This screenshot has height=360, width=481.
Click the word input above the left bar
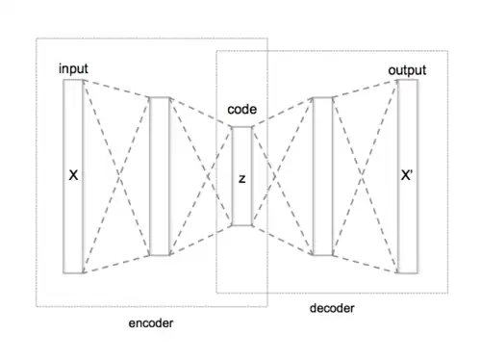[73, 68]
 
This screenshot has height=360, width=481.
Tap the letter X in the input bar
[73, 175]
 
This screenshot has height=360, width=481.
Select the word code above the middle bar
[242, 110]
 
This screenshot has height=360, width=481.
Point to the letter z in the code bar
[242, 179]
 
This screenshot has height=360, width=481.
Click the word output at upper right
[407, 70]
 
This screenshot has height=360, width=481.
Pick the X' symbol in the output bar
[407, 175]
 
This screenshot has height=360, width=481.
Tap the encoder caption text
[151, 323]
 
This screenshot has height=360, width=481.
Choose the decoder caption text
[332, 308]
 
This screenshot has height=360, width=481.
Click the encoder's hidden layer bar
[160, 176]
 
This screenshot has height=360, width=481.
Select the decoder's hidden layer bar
[322, 176]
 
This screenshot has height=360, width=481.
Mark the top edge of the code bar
[241, 127]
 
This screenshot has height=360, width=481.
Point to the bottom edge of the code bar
[241, 225]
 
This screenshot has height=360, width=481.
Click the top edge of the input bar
[73, 80]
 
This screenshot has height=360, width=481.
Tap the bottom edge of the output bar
[407, 273]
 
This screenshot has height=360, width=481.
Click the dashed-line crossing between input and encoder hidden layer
[118, 176]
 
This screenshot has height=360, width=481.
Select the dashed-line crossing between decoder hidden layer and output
[362, 176]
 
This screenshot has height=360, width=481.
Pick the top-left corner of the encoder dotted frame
[37, 39]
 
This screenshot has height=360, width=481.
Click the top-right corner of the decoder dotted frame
[447, 51]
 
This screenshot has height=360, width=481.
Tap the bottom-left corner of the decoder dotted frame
[216, 293]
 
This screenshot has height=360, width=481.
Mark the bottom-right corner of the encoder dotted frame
[267, 307]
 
